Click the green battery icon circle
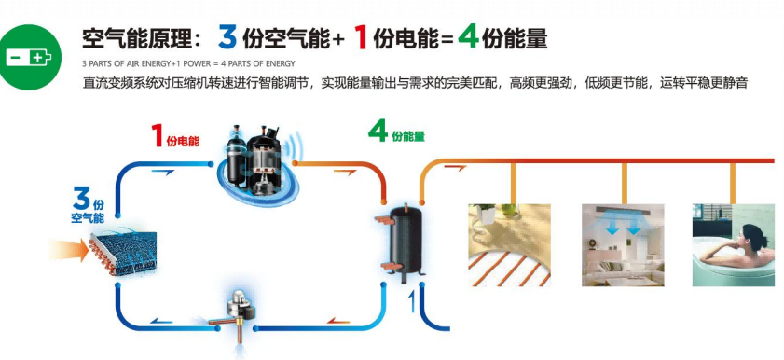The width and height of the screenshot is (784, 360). click(29, 56)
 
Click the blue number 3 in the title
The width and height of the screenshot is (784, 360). click(227, 37)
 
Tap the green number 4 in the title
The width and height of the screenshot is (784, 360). click(469, 37)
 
